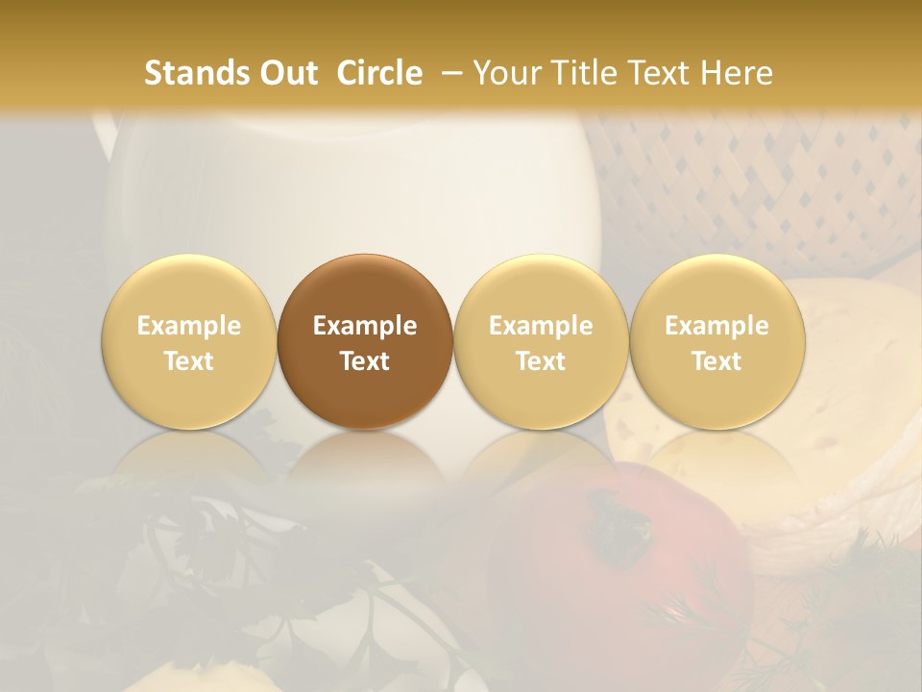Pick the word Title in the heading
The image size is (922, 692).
coord(580,73)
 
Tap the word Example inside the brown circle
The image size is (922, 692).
coord(365,326)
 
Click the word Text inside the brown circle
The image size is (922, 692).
coord(365,361)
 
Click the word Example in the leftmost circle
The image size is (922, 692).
coord(188,326)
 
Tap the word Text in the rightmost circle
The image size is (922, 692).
coord(716,361)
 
